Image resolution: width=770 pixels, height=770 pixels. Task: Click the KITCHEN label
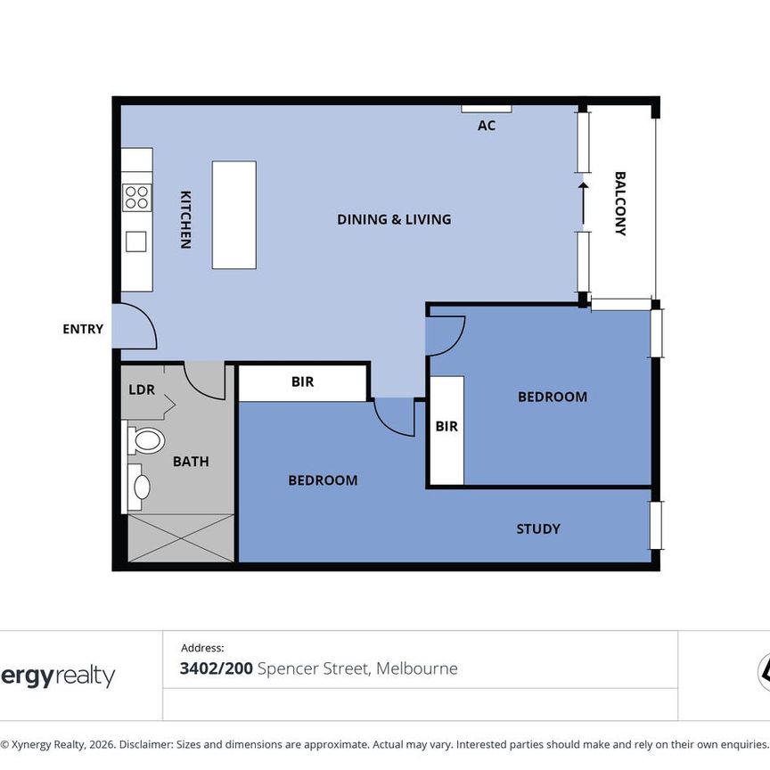coord(185,219)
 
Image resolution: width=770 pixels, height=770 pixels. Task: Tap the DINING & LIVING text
coord(394,219)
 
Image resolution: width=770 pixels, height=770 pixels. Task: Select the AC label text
coord(486,126)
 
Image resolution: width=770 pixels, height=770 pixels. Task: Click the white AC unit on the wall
coord(486,109)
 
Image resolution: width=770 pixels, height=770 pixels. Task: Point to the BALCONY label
coord(620,204)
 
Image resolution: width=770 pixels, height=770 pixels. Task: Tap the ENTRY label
coord(83,329)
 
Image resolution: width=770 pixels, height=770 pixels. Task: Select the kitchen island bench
coord(233,215)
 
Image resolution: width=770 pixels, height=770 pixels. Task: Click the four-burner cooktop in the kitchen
coord(136,197)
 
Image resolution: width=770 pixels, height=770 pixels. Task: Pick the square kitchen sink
coord(135,242)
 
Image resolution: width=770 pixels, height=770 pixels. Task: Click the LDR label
coord(142,389)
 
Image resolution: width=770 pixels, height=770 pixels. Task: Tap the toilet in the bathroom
coord(146,440)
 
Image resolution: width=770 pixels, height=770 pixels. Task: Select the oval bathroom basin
coord(141,487)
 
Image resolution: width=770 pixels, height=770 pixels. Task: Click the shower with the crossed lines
coord(181,538)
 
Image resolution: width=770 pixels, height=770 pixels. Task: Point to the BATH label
coord(191,462)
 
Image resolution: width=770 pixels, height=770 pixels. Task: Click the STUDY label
coord(538,528)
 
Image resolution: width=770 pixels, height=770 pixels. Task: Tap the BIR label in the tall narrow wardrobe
coord(446,427)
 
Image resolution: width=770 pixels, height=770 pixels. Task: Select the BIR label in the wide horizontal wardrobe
coord(302,382)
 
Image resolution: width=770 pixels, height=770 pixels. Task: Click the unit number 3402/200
coord(217,668)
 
